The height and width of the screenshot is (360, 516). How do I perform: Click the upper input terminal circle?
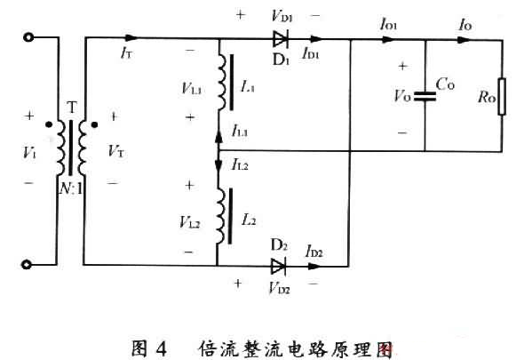[x=29, y=39]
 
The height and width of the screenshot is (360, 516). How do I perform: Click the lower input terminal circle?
[x=29, y=264]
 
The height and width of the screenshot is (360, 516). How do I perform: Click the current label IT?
[x=127, y=53]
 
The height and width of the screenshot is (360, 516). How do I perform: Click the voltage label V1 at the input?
[x=31, y=151]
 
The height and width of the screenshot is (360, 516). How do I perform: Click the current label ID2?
[x=314, y=252]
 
